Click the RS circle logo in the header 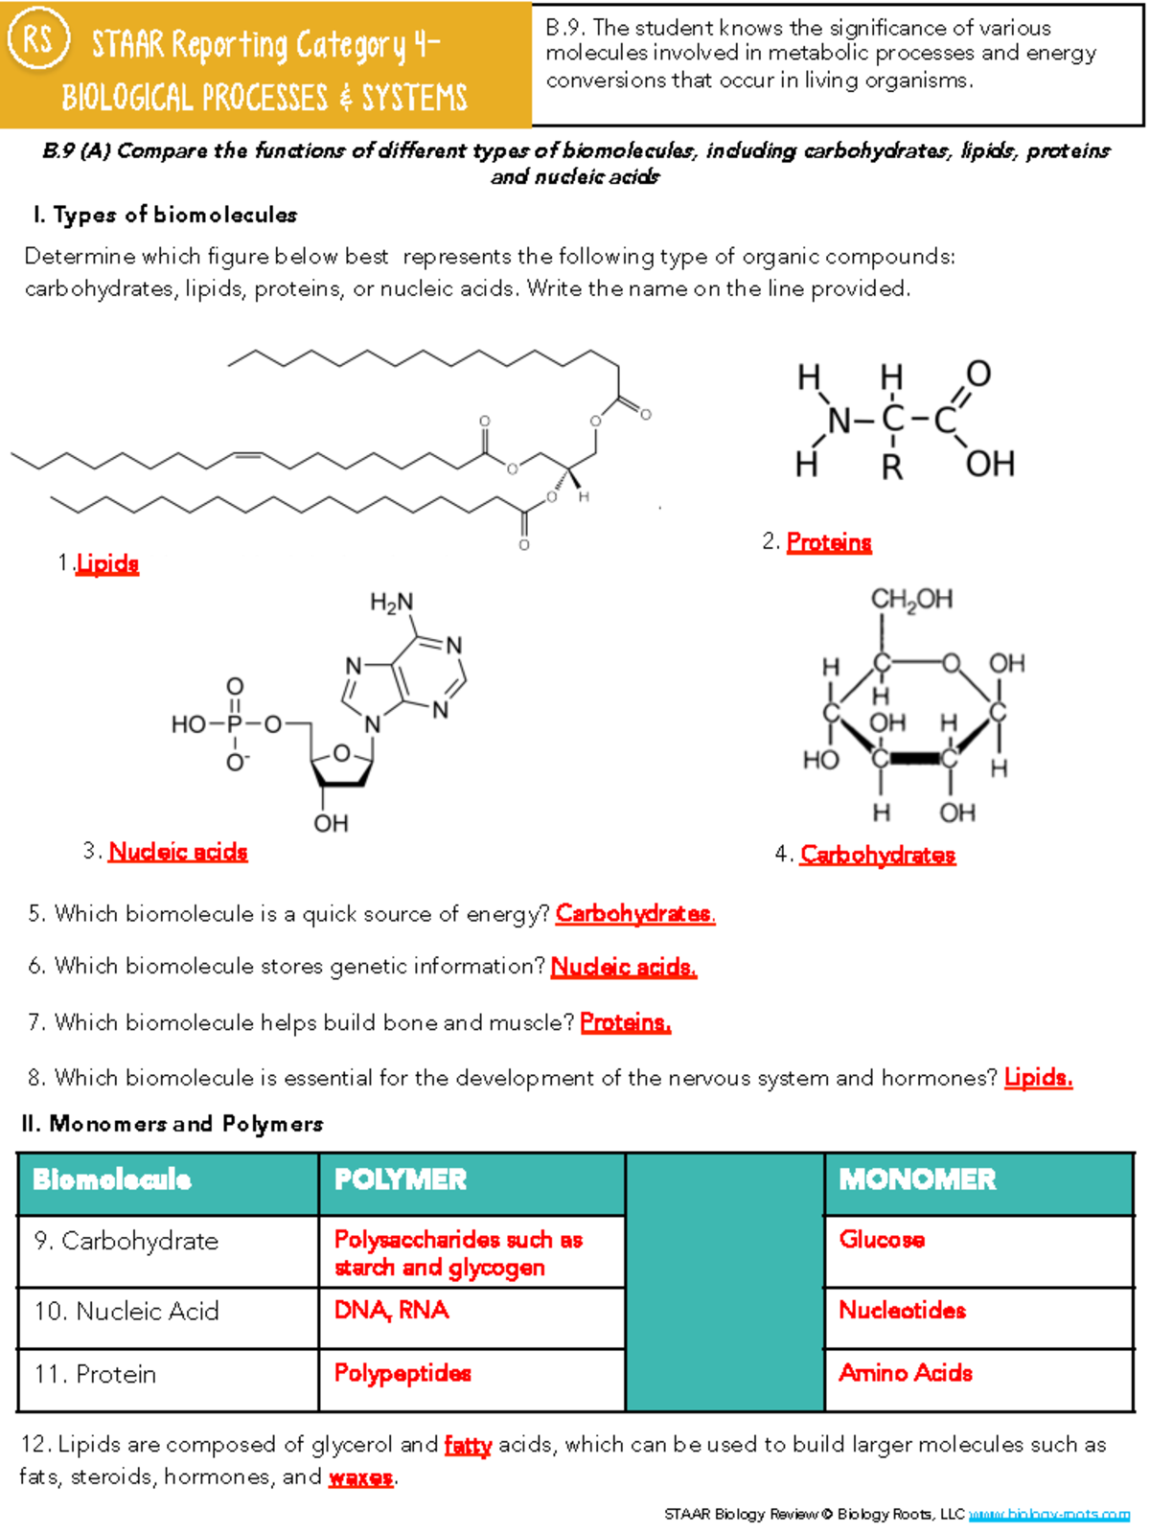(x=37, y=40)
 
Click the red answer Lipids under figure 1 (x=107, y=563)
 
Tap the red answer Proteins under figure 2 (x=829, y=542)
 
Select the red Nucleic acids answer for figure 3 (x=178, y=851)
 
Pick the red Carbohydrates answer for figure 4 (x=878, y=854)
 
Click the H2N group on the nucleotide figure (x=391, y=602)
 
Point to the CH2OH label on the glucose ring (x=911, y=600)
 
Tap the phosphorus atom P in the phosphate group (x=235, y=724)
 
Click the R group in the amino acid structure (x=892, y=467)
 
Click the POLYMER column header (x=401, y=1179)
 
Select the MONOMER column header (x=917, y=1179)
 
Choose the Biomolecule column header (x=112, y=1179)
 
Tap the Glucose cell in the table (x=882, y=1240)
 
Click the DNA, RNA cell (x=391, y=1310)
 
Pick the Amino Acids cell (x=906, y=1373)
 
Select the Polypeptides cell (x=402, y=1373)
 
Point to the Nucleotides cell (x=902, y=1310)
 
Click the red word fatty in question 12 (x=468, y=1445)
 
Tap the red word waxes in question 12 (x=360, y=1477)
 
